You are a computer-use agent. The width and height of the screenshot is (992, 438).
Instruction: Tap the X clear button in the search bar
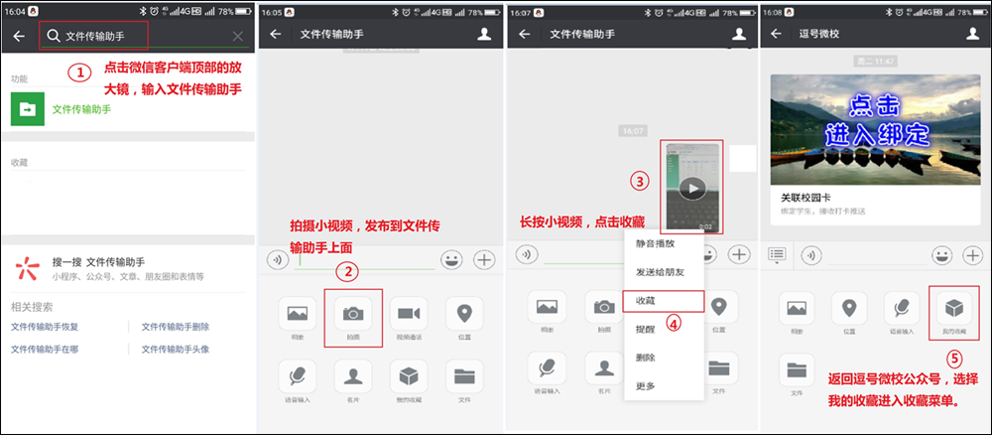point(238,37)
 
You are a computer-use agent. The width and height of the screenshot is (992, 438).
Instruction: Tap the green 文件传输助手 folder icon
point(27,109)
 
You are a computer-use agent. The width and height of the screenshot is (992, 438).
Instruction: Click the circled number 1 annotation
point(81,73)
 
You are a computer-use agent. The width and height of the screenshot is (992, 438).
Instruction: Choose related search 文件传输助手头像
point(175,350)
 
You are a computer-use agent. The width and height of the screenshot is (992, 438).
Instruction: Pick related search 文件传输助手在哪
point(44,350)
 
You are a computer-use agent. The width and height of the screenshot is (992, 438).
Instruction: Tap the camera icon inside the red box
point(352,313)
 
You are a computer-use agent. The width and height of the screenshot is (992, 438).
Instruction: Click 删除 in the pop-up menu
point(645,357)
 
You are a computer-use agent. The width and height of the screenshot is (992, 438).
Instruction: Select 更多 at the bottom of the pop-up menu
point(645,385)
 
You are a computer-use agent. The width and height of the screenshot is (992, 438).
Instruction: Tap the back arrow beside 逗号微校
point(777,34)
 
